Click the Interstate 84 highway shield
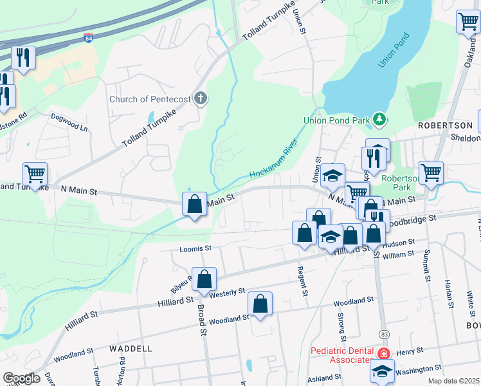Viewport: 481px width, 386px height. [x=87, y=39]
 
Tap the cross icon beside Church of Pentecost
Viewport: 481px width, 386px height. [x=201, y=99]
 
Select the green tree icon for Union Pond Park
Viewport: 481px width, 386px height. [x=379, y=119]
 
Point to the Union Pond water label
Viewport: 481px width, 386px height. [x=394, y=50]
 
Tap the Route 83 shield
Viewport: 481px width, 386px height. [x=384, y=334]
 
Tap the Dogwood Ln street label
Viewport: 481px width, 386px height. [x=69, y=122]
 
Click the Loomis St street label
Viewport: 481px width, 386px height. [x=195, y=248]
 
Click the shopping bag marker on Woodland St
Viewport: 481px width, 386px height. [x=260, y=304]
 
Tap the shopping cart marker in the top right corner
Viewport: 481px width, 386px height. [x=468, y=21]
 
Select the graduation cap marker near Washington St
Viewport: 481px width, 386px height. [x=382, y=371]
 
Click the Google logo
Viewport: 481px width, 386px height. [x=21, y=378]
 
